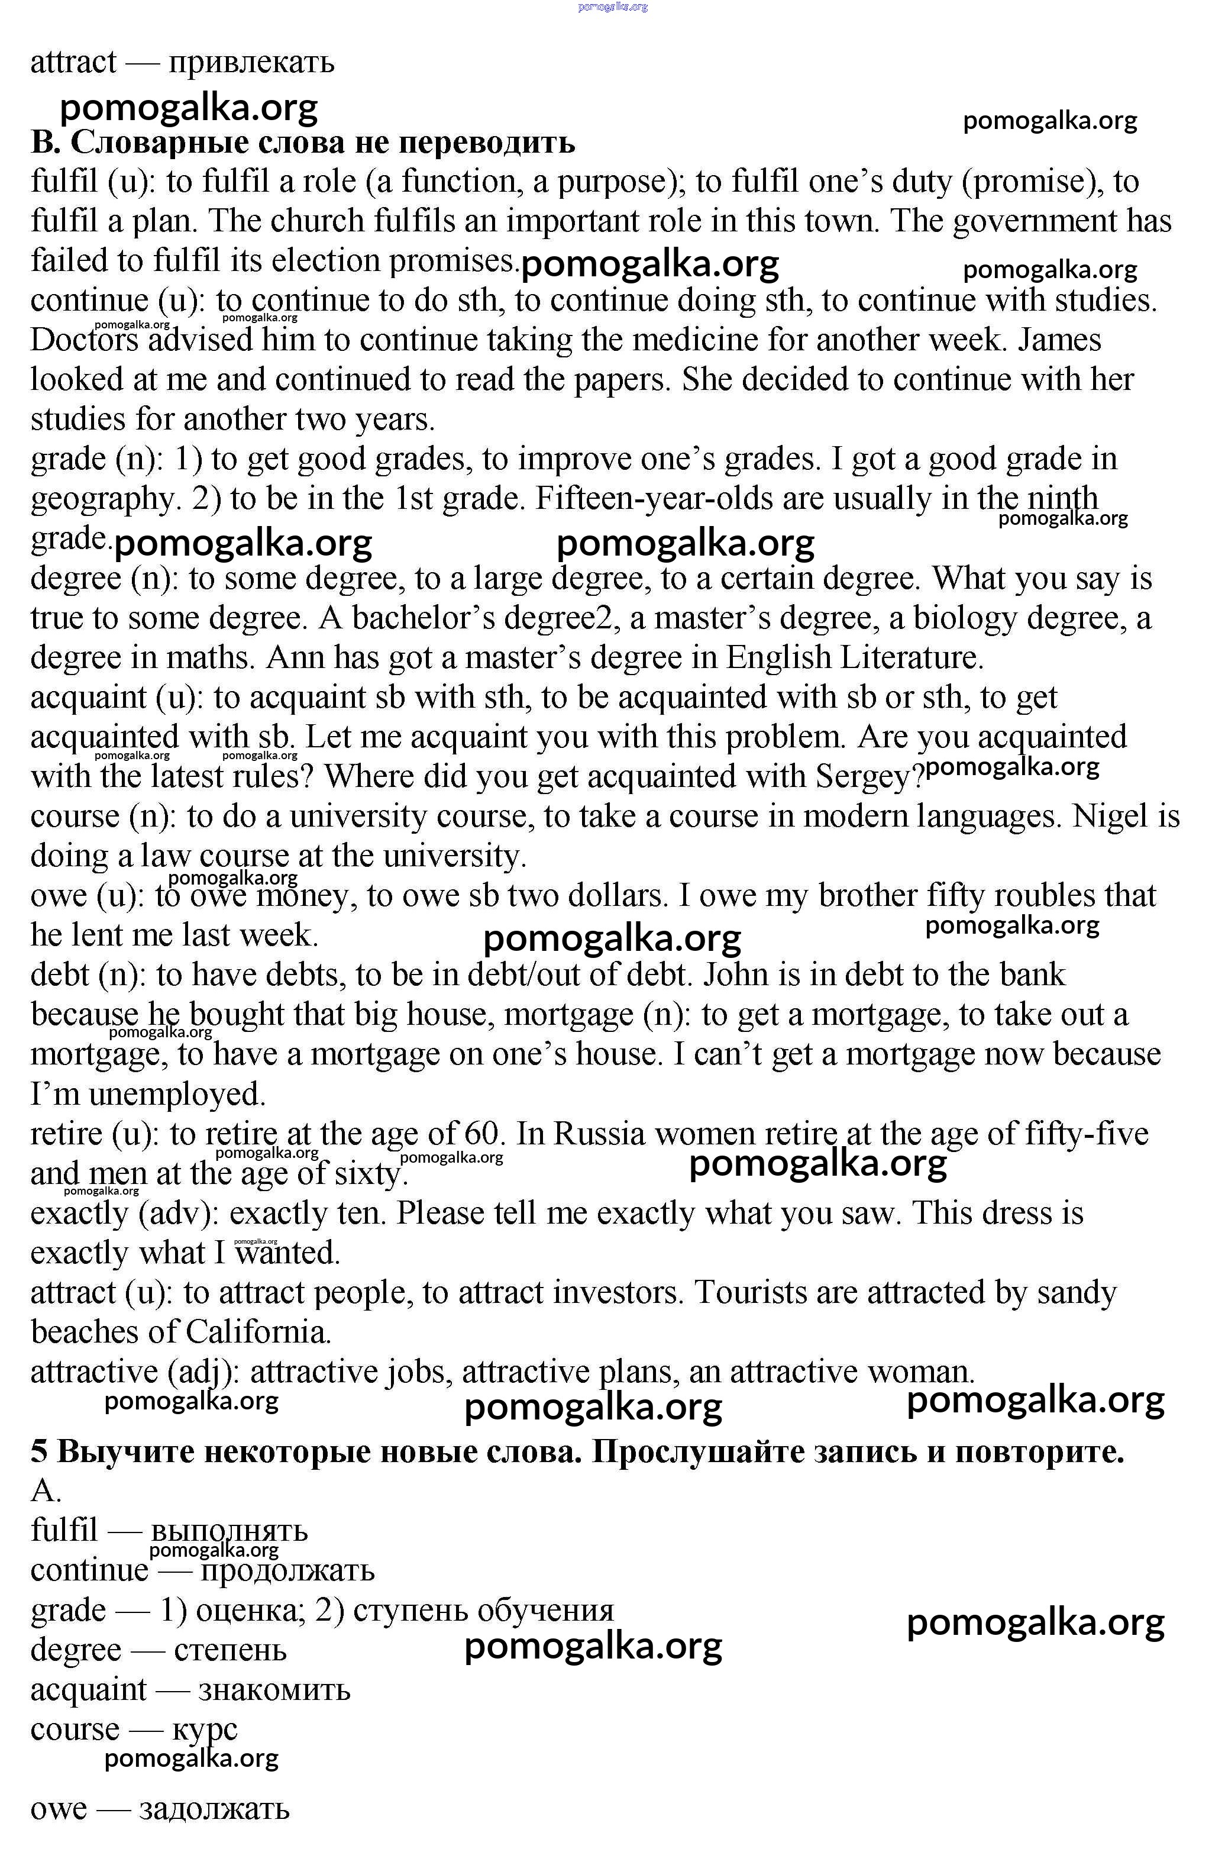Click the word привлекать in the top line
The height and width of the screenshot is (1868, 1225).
(251, 62)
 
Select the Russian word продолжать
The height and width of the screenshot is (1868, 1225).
(287, 1570)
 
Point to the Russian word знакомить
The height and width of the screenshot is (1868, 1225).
(274, 1689)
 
